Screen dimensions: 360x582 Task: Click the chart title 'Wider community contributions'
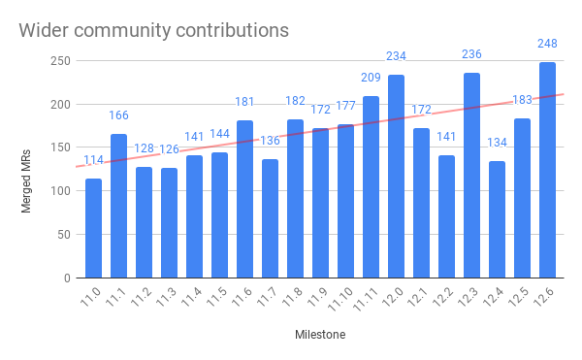pyautogui.click(x=153, y=30)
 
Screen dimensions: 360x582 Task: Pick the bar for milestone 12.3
pyautogui.click(x=471, y=175)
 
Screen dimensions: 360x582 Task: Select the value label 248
pyautogui.click(x=547, y=43)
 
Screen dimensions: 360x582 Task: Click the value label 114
pyautogui.click(x=93, y=160)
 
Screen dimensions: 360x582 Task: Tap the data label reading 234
pyautogui.click(x=396, y=55)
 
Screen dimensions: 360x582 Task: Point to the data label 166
pyautogui.click(x=118, y=115)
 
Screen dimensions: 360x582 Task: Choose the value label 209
pyautogui.click(x=371, y=77)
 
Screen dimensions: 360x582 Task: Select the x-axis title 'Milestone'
pyautogui.click(x=319, y=336)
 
